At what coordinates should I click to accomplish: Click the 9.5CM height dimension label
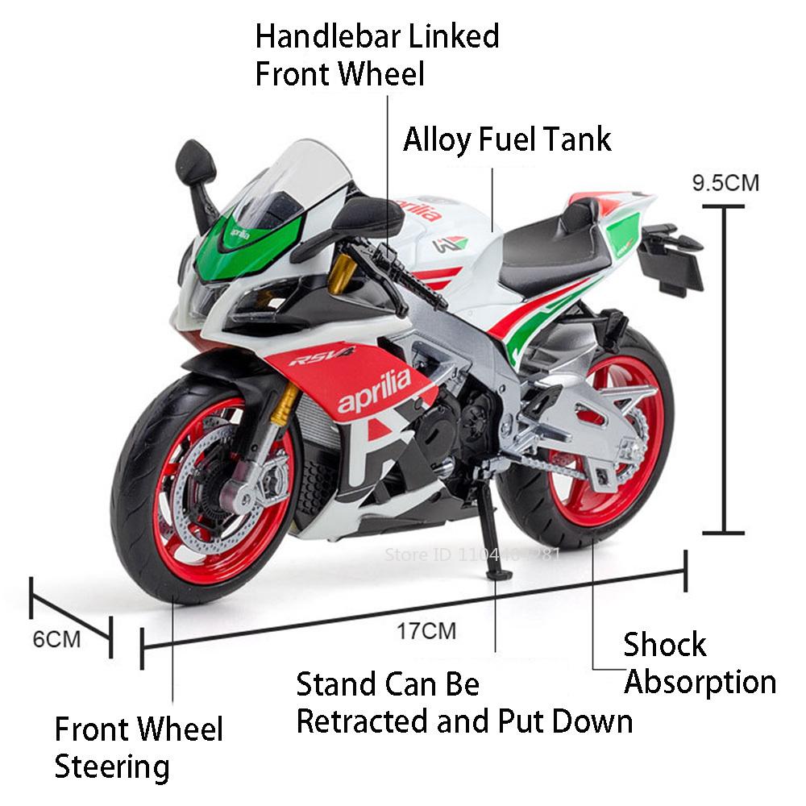point(725,182)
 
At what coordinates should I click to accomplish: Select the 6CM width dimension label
point(56,639)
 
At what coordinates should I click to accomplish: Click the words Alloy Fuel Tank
point(507,139)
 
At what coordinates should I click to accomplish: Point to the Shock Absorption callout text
point(698,663)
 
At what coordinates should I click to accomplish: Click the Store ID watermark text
point(472,555)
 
